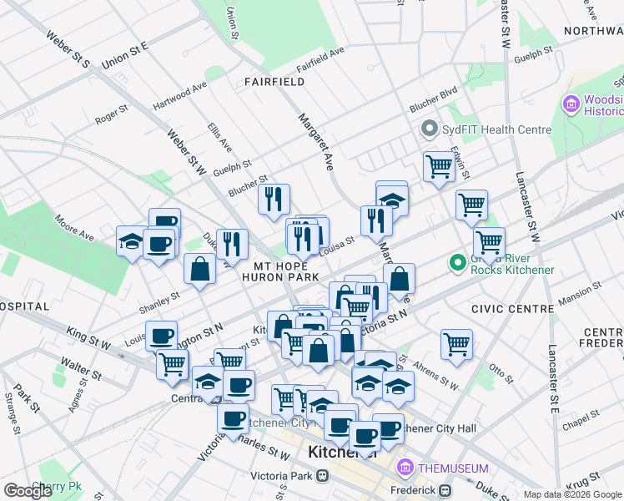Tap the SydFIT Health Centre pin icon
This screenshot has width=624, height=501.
tap(430, 129)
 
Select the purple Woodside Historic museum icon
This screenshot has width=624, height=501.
tap(571, 104)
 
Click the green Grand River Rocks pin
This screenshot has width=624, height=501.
tap(456, 263)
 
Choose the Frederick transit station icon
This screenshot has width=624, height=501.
tap(445, 489)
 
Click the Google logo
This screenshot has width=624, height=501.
tap(28, 490)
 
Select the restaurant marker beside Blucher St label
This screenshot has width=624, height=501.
tap(273, 200)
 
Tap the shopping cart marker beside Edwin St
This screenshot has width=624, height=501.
tap(438, 165)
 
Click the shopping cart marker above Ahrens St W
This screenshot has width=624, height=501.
tap(456, 343)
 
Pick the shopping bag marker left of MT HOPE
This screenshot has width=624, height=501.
tap(199, 269)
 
